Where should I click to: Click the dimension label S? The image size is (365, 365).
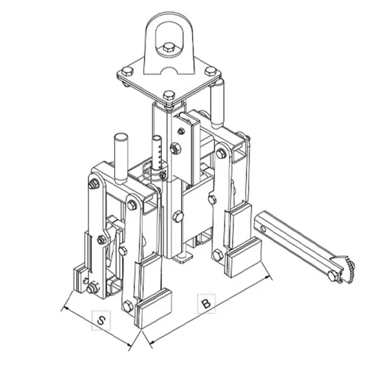coord(101,321)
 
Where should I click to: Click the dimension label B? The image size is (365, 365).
coord(206,304)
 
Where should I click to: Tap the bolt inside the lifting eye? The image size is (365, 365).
coord(169,48)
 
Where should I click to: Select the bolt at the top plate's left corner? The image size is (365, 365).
coord(128,71)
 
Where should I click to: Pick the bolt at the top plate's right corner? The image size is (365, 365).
coord(210,71)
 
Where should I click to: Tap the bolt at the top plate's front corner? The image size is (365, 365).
coord(169,96)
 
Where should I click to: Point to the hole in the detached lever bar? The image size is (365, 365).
coord(263,229)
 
